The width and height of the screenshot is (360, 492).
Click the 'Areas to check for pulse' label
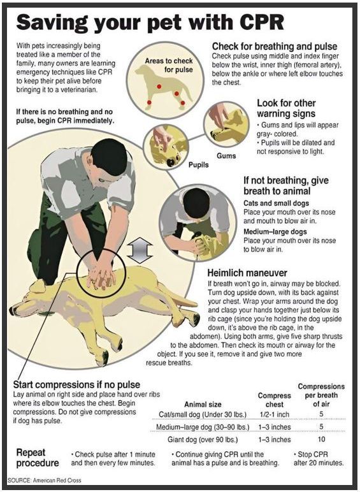click(x=169, y=65)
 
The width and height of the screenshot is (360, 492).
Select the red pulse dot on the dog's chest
click(x=159, y=86)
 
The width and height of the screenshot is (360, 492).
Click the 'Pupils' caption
click(x=198, y=164)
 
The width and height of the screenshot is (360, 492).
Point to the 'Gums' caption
click(x=226, y=156)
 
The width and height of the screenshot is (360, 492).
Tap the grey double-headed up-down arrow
click(x=140, y=250)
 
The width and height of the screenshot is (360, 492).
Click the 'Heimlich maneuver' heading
click(x=247, y=273)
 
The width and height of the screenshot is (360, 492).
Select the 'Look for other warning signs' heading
click(x=286, y=108)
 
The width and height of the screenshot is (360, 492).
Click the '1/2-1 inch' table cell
click(x=275, y=414)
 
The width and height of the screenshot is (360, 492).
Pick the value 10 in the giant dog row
click(x=321, y=439)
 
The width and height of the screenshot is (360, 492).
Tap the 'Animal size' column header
click(x=203, y=404)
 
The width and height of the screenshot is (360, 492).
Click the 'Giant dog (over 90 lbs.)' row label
click(x=203, y=439)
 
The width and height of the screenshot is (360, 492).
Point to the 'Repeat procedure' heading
click(x=38, y=458)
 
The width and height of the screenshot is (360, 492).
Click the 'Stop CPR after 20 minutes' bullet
click(x=319, y=458)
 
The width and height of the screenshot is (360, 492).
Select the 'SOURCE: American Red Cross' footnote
click(x=44, y=480)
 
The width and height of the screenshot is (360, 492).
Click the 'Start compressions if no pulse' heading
click(x=76, y=385)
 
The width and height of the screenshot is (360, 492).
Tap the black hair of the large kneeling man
click(x=109, y=156)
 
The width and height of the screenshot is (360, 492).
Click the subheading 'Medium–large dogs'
click(x=275, y=231)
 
